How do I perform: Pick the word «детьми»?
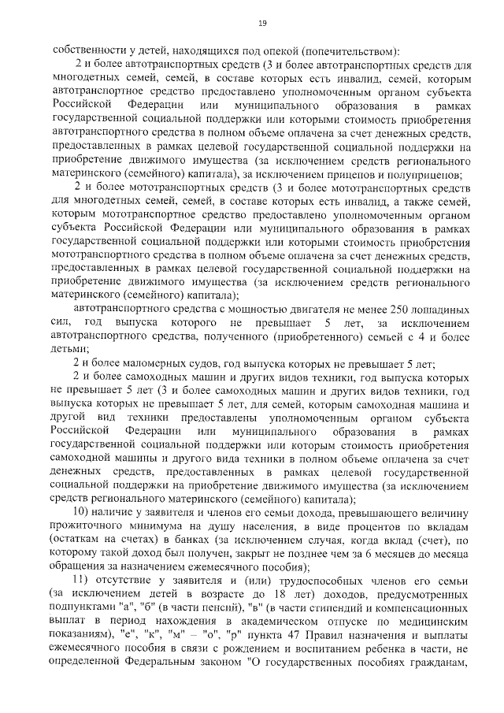point(69,348)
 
